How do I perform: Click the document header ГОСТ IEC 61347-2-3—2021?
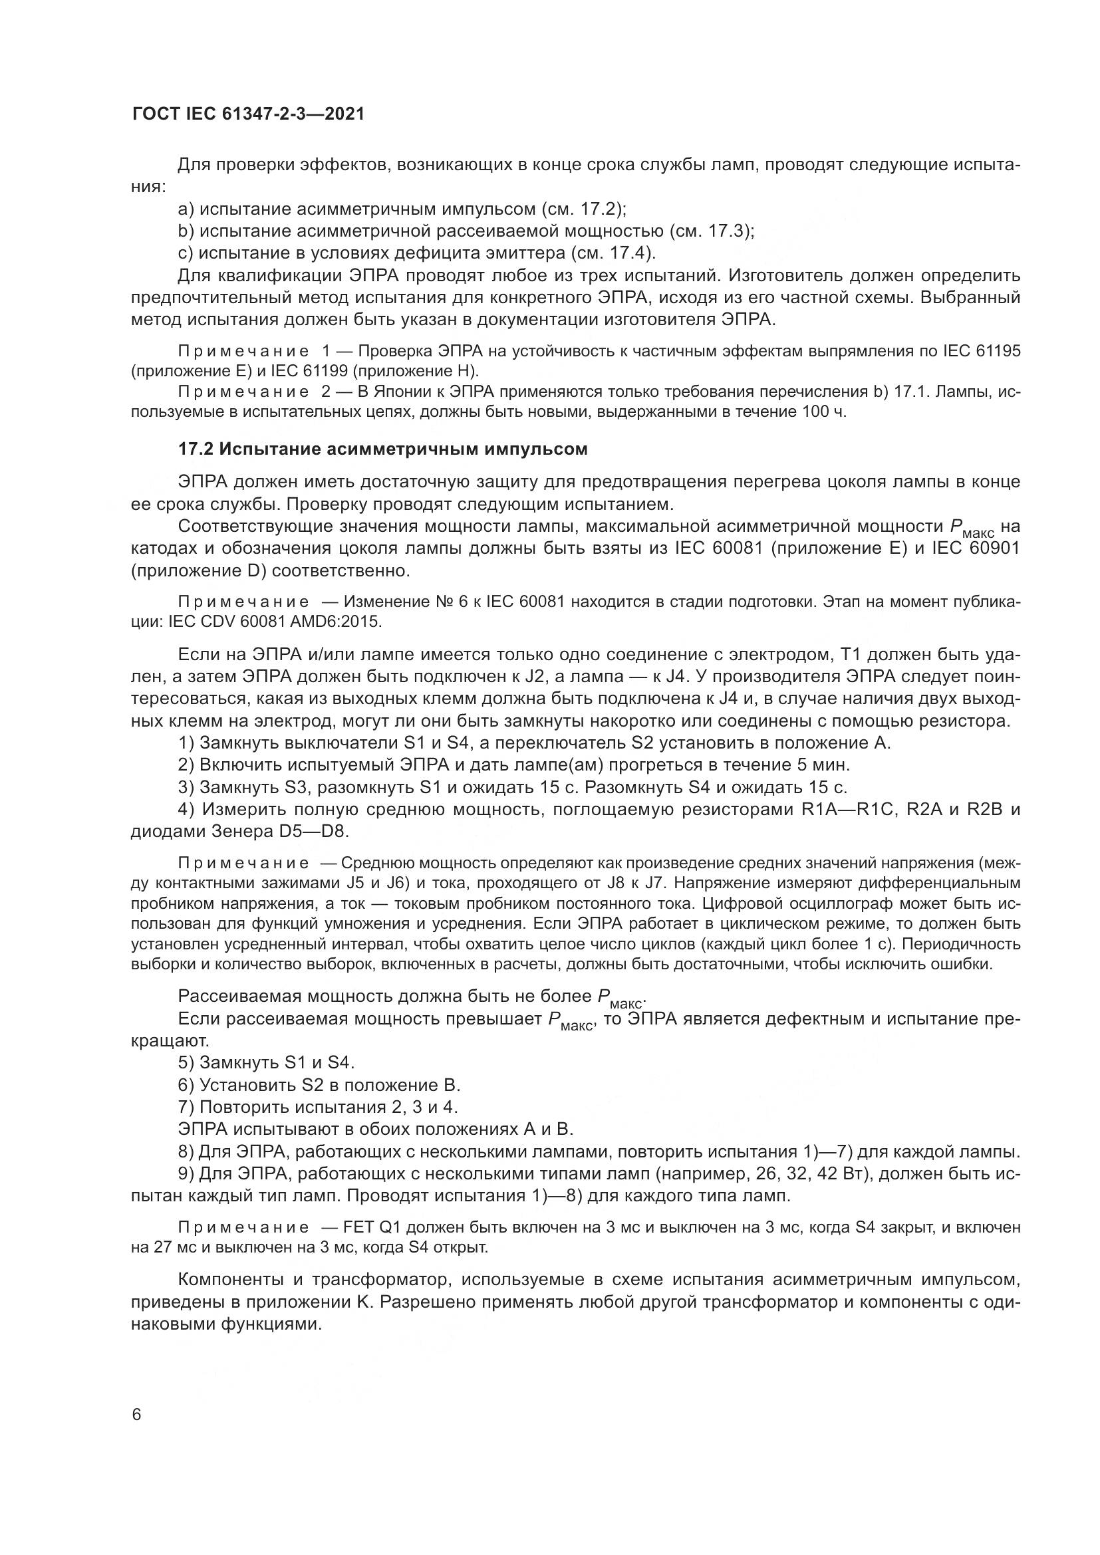248,114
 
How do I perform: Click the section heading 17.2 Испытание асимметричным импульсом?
382,449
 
